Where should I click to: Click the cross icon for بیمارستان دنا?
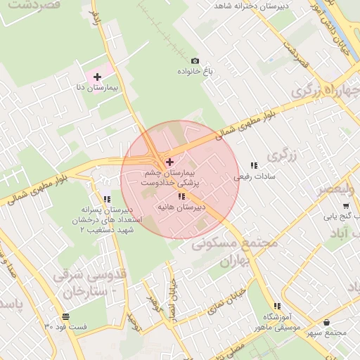pos(97,76)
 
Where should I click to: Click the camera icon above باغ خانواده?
pos(195,61)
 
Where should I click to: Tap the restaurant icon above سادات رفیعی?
pos(253,165)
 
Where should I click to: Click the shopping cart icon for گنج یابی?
pos(346,206)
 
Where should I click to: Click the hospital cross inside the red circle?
pos(169,162)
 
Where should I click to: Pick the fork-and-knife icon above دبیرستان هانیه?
pos(182,197)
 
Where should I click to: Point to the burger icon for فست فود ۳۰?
pos(65,316)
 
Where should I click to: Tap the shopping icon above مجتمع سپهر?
pos(327,322)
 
